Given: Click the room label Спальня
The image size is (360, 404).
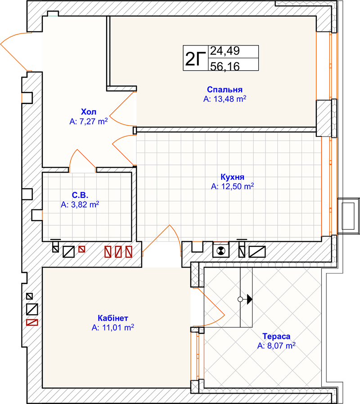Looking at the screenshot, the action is point(225,90).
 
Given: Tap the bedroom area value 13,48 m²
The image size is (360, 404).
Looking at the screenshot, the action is point(225,99).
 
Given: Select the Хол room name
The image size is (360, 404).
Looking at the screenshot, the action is point(89,112).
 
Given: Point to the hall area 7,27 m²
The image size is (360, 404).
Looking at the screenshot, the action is point(89,121).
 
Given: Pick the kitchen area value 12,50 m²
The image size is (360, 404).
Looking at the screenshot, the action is point(232,186).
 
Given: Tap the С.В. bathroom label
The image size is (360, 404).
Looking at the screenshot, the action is point(80,195).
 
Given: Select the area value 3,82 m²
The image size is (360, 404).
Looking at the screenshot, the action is point(80,204).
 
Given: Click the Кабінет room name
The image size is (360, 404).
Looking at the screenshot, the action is point(113,318).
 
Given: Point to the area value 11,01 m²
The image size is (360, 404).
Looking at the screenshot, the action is point(113,327).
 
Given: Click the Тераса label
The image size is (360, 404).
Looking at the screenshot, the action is point(276,336).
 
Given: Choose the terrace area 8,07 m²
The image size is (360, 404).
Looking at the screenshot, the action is point(276,345).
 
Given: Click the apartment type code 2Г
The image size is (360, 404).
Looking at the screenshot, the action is point(195,59).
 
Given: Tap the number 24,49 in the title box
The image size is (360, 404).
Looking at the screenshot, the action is point(225,51).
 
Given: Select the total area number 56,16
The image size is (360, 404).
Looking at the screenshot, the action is point(225,66).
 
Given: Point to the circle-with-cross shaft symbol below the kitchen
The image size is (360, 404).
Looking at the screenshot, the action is point(220,251).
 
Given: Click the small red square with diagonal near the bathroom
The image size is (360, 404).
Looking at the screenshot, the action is point(81,249).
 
